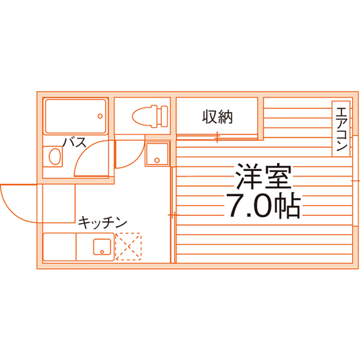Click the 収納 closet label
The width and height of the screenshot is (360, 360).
pyautogui.click(x=217, y=117)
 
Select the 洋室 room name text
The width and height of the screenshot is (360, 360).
pyautogui.click(x=264, y=176)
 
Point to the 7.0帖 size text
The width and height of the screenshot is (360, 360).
pyautogui.click(x=264, y=206)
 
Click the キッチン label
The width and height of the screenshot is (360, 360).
pyautogui.click(x=102, y=222)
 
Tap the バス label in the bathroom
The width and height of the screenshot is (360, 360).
pyautogui.click(x=75, y=142)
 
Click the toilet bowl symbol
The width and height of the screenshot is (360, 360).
pyautogui.click(x=141, y=116)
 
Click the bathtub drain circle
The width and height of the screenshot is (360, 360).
pyautogui.click(x=100, y=116)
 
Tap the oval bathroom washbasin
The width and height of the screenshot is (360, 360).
pyautogui.click(x=55, y=156)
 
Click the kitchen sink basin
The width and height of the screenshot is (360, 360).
pyautogui.click(x=102, y=247)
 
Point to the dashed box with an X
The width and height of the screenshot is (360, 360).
pyautogui.click(x=128, y=247)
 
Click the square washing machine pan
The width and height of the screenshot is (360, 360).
pyautogui.click(x=157, y=154)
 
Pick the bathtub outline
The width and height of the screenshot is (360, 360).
pyautogui.click(x=76, y=116)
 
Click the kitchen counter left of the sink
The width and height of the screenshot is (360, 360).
pyautogui.click(x=59, y=247)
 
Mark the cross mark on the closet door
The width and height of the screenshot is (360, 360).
pyautogui.click(x=217, y=137)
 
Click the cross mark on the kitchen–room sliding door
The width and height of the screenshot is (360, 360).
pyautogui.click(x=174, y=215)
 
